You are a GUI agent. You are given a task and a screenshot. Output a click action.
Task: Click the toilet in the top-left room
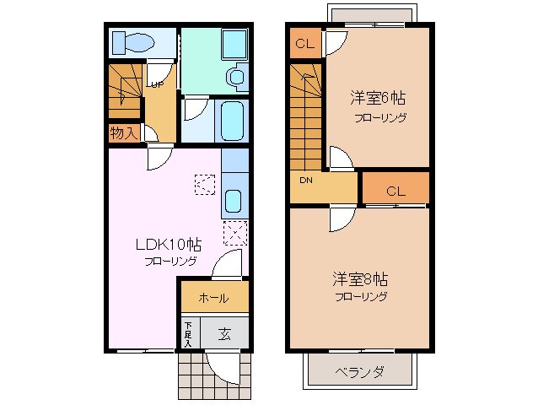(132, 41)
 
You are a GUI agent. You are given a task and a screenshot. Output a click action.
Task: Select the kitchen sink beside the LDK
(234, 202)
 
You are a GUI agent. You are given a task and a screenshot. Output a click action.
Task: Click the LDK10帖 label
(169, 246)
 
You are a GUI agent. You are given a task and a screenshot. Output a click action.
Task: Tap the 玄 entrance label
(225, 332)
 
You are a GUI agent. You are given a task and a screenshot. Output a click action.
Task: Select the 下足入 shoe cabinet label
(189, 333)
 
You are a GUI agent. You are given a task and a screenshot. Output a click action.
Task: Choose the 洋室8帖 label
(360, 279)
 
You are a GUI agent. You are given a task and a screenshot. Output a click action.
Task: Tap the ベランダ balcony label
(359, 371)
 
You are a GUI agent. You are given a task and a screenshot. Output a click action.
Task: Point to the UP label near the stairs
(156, 84)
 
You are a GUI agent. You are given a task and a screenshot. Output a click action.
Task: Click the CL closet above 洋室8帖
(395, 191)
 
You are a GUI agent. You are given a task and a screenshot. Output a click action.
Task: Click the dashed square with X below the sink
(234, 232)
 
